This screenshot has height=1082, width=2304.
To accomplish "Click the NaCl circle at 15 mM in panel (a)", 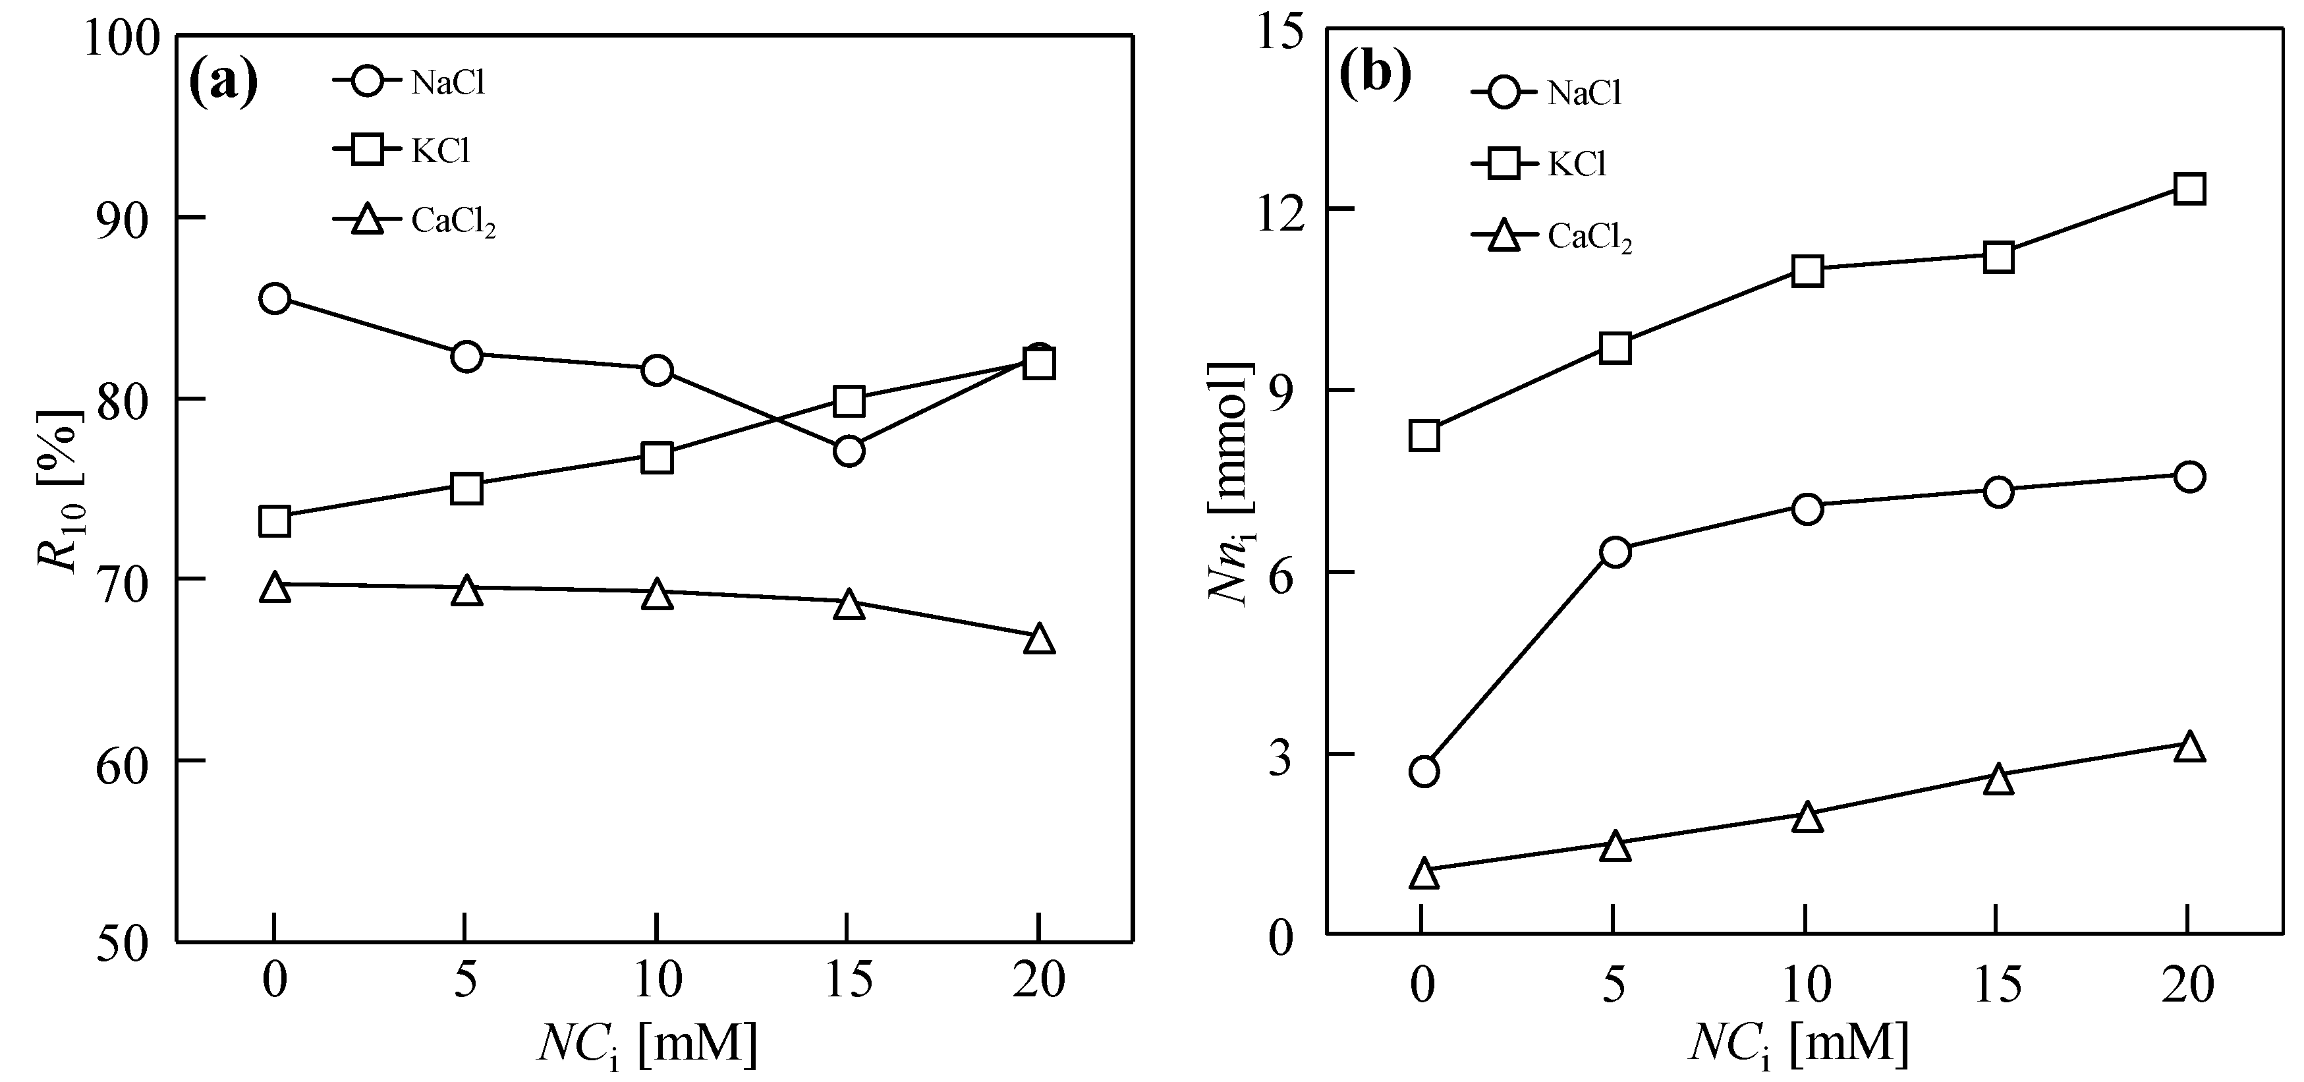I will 848,451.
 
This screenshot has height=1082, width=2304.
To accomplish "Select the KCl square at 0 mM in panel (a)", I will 275,521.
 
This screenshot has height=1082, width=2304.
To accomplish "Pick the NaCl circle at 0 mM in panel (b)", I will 1424,771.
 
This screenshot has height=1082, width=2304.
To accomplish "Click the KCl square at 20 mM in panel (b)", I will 2189,188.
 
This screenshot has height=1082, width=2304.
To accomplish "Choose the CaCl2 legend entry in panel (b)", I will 1552,237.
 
